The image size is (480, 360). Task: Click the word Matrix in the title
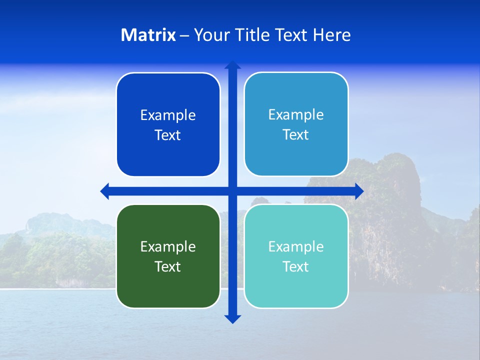coord(148,35)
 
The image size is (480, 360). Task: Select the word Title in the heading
coord(252,35)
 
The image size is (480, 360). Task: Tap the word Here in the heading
coord(331,35)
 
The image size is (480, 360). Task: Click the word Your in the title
coord(211,35)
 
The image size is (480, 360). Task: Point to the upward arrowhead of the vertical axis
coord(232,65)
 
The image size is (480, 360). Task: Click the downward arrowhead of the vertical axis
coord(232,318)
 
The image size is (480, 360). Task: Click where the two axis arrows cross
coord(232,191)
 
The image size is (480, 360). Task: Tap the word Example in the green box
coord(168,246)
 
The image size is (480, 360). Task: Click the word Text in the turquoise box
coord(296,266)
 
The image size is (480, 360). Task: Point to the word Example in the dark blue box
coord(168,115)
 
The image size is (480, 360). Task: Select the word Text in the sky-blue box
coord(296,134)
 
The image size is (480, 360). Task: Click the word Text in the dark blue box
coord(168,135)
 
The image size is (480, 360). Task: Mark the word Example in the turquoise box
coord(296,246)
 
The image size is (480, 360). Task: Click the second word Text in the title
coord(292,35)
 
